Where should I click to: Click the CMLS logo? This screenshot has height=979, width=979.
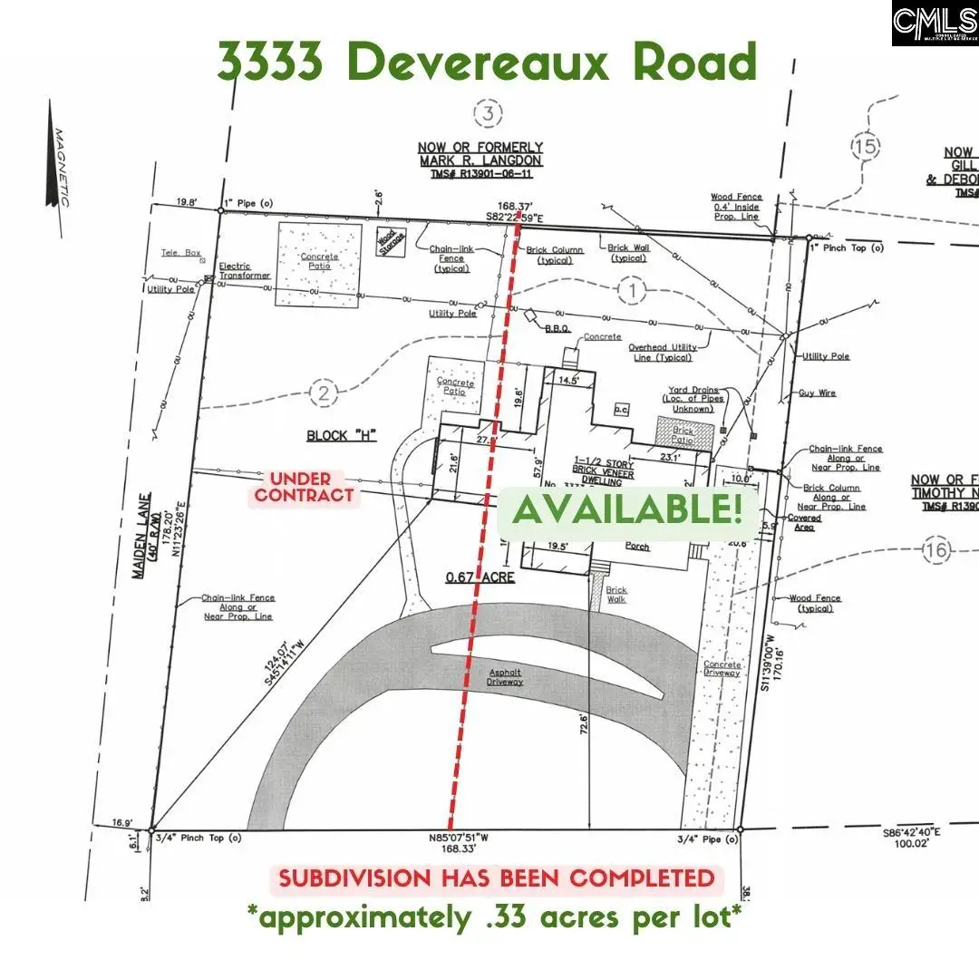[934, 24]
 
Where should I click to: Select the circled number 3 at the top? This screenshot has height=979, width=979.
[489, 114]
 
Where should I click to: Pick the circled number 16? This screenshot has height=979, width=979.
[936, 549]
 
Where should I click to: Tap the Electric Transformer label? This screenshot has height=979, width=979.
[245, 271]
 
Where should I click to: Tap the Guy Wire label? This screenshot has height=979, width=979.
[817, 393]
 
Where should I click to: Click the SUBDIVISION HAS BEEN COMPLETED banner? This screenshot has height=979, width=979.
[496, 878]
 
